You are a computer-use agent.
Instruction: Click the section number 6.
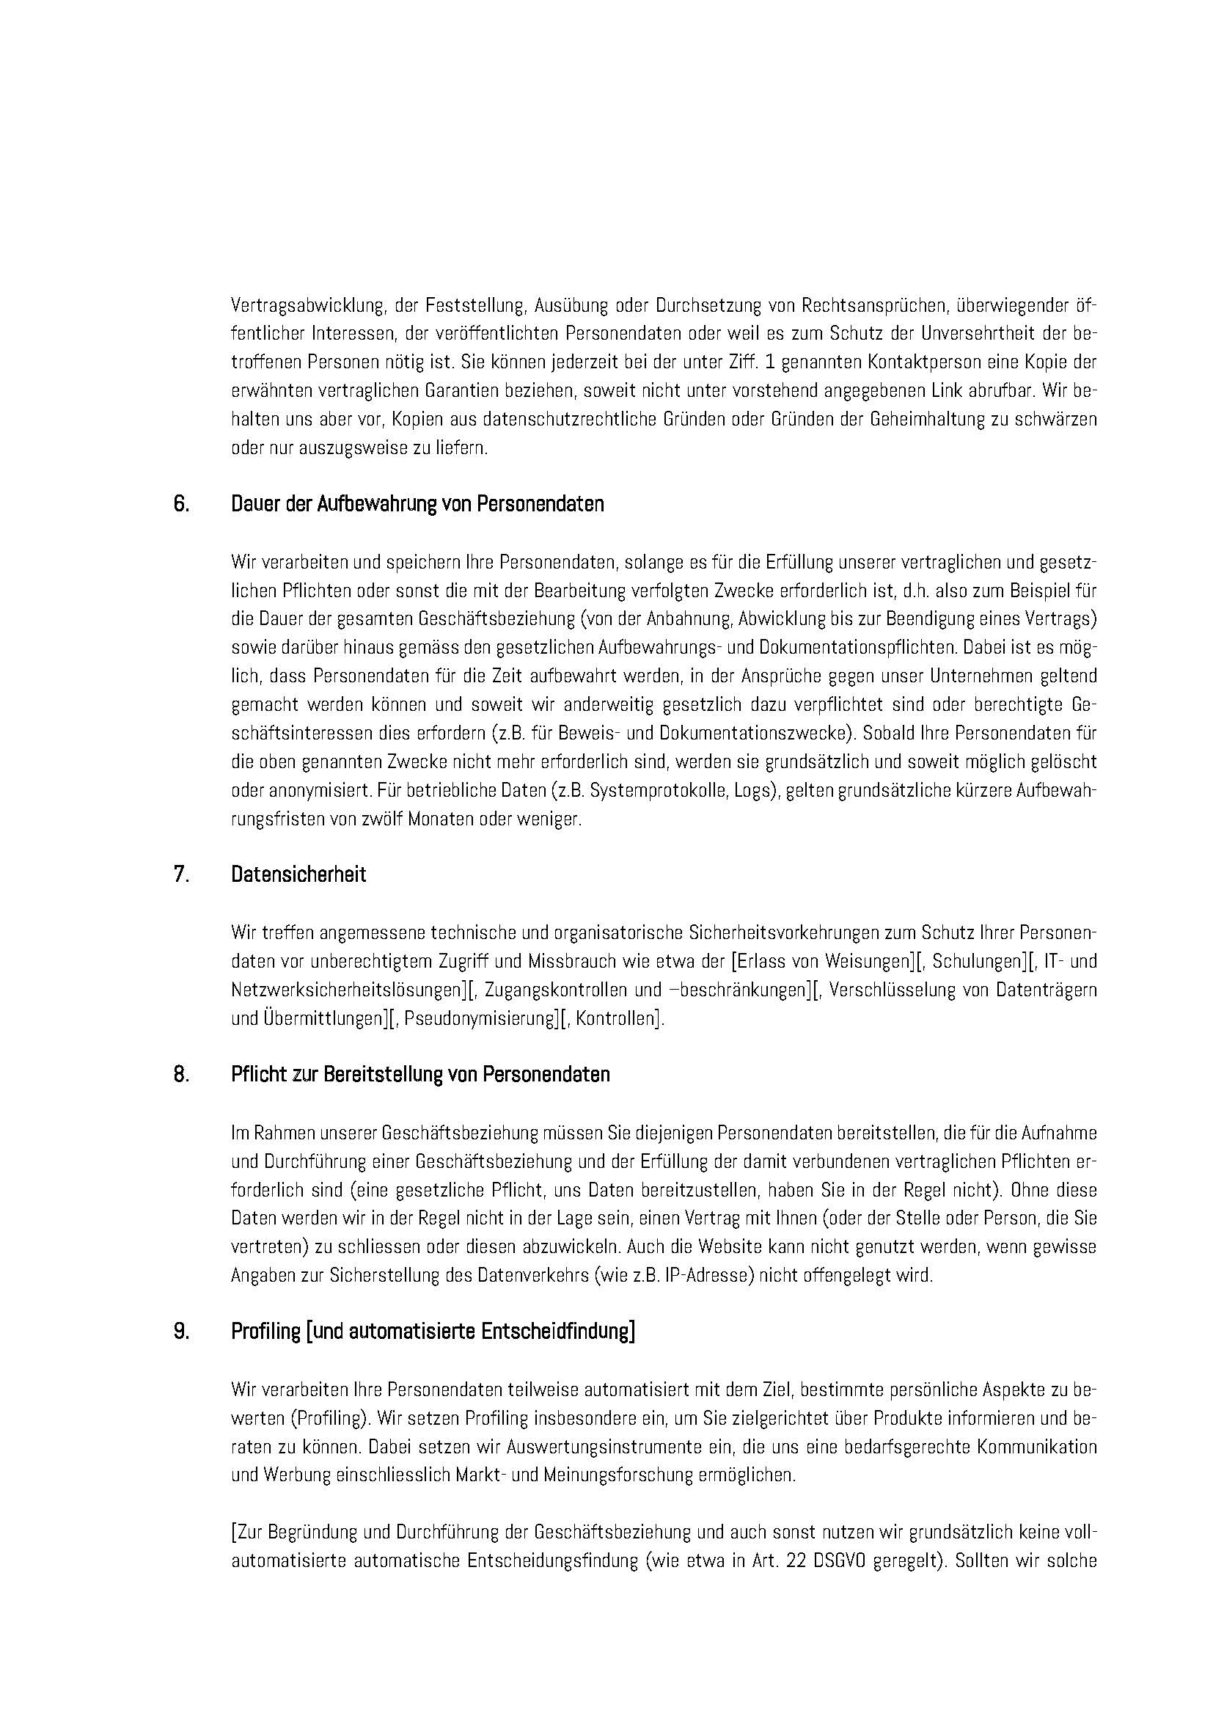181,505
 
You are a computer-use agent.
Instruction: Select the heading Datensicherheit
298,875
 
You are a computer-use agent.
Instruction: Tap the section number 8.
181,1074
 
